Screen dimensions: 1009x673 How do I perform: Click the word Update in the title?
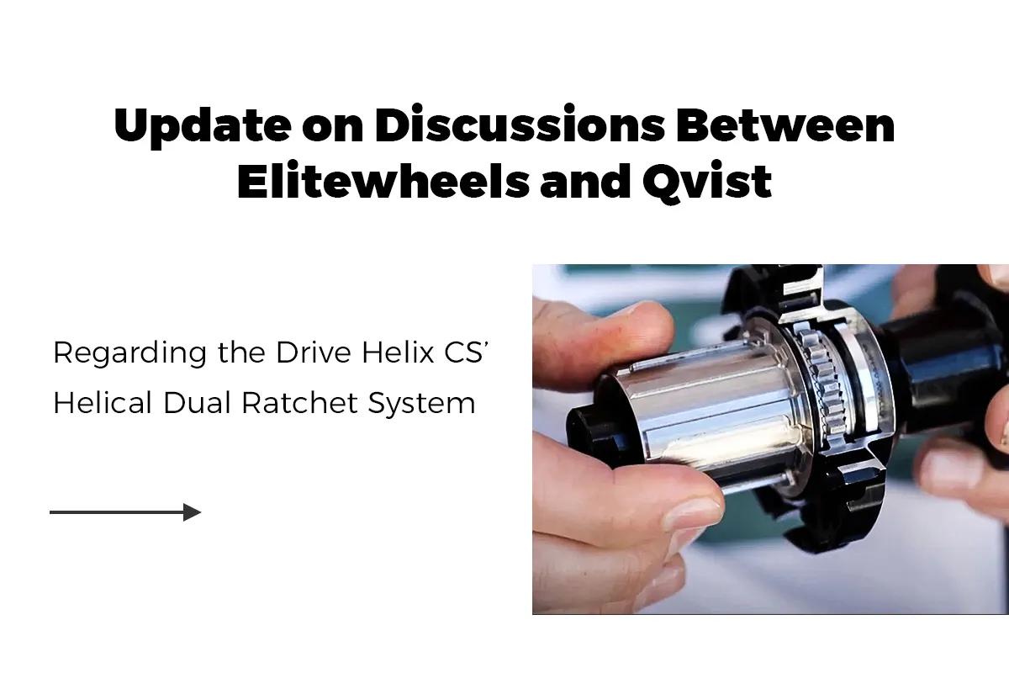point(203,127)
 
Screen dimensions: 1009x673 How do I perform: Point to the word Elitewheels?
point(383,180)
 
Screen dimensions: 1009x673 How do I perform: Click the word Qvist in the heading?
point(707,182)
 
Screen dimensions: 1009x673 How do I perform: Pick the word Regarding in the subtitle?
point(130,354)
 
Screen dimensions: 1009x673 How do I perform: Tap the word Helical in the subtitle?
point(103,402)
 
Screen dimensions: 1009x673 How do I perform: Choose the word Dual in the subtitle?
point(197,402)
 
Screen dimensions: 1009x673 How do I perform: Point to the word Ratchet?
point(300,402)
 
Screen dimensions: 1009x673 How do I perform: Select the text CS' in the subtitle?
point(467,352)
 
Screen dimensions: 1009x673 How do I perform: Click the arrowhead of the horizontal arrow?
point(193,512)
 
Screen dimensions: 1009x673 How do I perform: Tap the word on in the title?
point(332,130)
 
